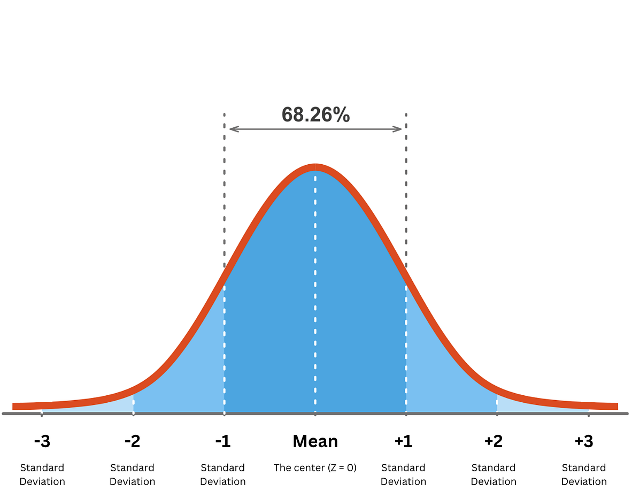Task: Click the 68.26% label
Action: click(x=315, y=114)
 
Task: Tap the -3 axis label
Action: click(x=42, y=442)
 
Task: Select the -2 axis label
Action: click(x=133, y=442)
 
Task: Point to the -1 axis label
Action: click(x=223, y=442)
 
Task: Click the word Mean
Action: click(x=315, y=442)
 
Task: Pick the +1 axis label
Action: click(x=404, y=442)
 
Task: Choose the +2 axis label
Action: click(x=494, y=442)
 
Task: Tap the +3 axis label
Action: click(x=584, y=442)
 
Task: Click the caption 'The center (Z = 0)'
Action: click(x=315, y=468)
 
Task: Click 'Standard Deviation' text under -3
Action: click(x=42, y=474)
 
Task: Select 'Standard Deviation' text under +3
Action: click(x=584, y=474)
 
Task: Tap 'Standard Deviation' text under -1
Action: click(x=223, y=474)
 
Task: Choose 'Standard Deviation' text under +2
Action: click(x=494, y=474)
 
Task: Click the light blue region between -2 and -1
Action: click(x=192, y=374)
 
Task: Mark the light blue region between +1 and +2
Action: click(x=438, y=374)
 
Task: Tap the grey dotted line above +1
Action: click(x=406, y=203)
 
